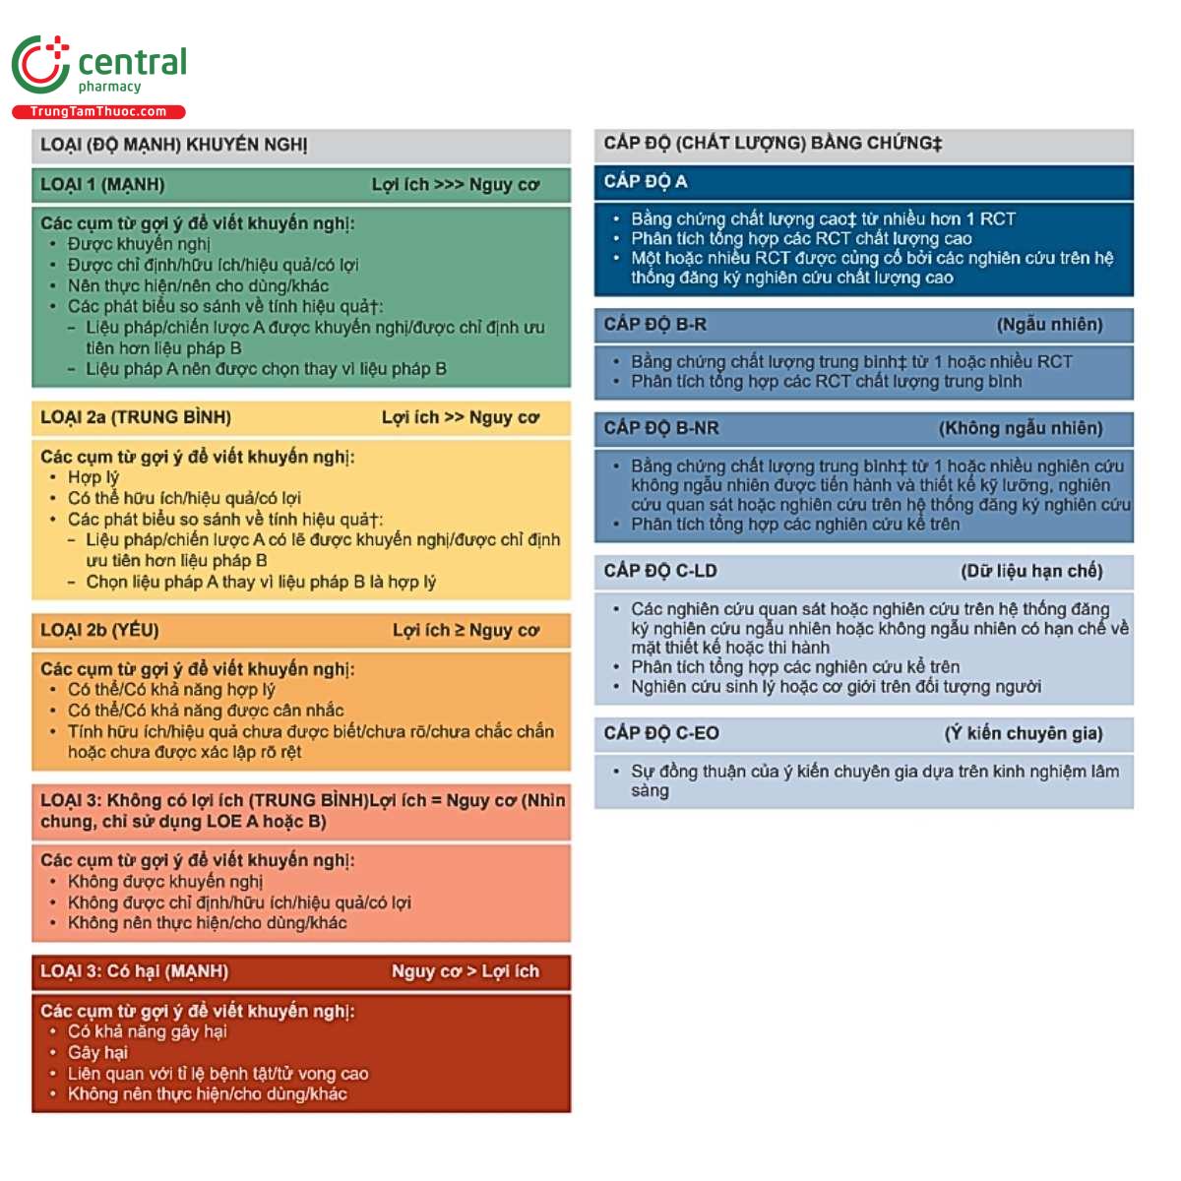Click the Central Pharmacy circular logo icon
40,65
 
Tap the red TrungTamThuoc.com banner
98,112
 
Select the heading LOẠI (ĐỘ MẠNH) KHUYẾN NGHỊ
174,146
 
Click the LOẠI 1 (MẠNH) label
102,185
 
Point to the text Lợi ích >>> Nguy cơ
455,185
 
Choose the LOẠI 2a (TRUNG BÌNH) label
136,417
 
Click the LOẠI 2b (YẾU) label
99,630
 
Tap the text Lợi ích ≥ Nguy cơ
466,630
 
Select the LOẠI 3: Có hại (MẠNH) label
134,971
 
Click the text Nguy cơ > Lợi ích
466,971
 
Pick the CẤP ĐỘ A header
646,182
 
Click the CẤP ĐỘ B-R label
655,325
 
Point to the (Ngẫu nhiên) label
1049,325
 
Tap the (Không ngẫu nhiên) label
1021,428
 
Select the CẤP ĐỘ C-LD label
660,571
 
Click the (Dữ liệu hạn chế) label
1031,571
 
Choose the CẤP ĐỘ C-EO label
661,733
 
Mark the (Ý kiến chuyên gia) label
1024,733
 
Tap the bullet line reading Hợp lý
93,477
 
